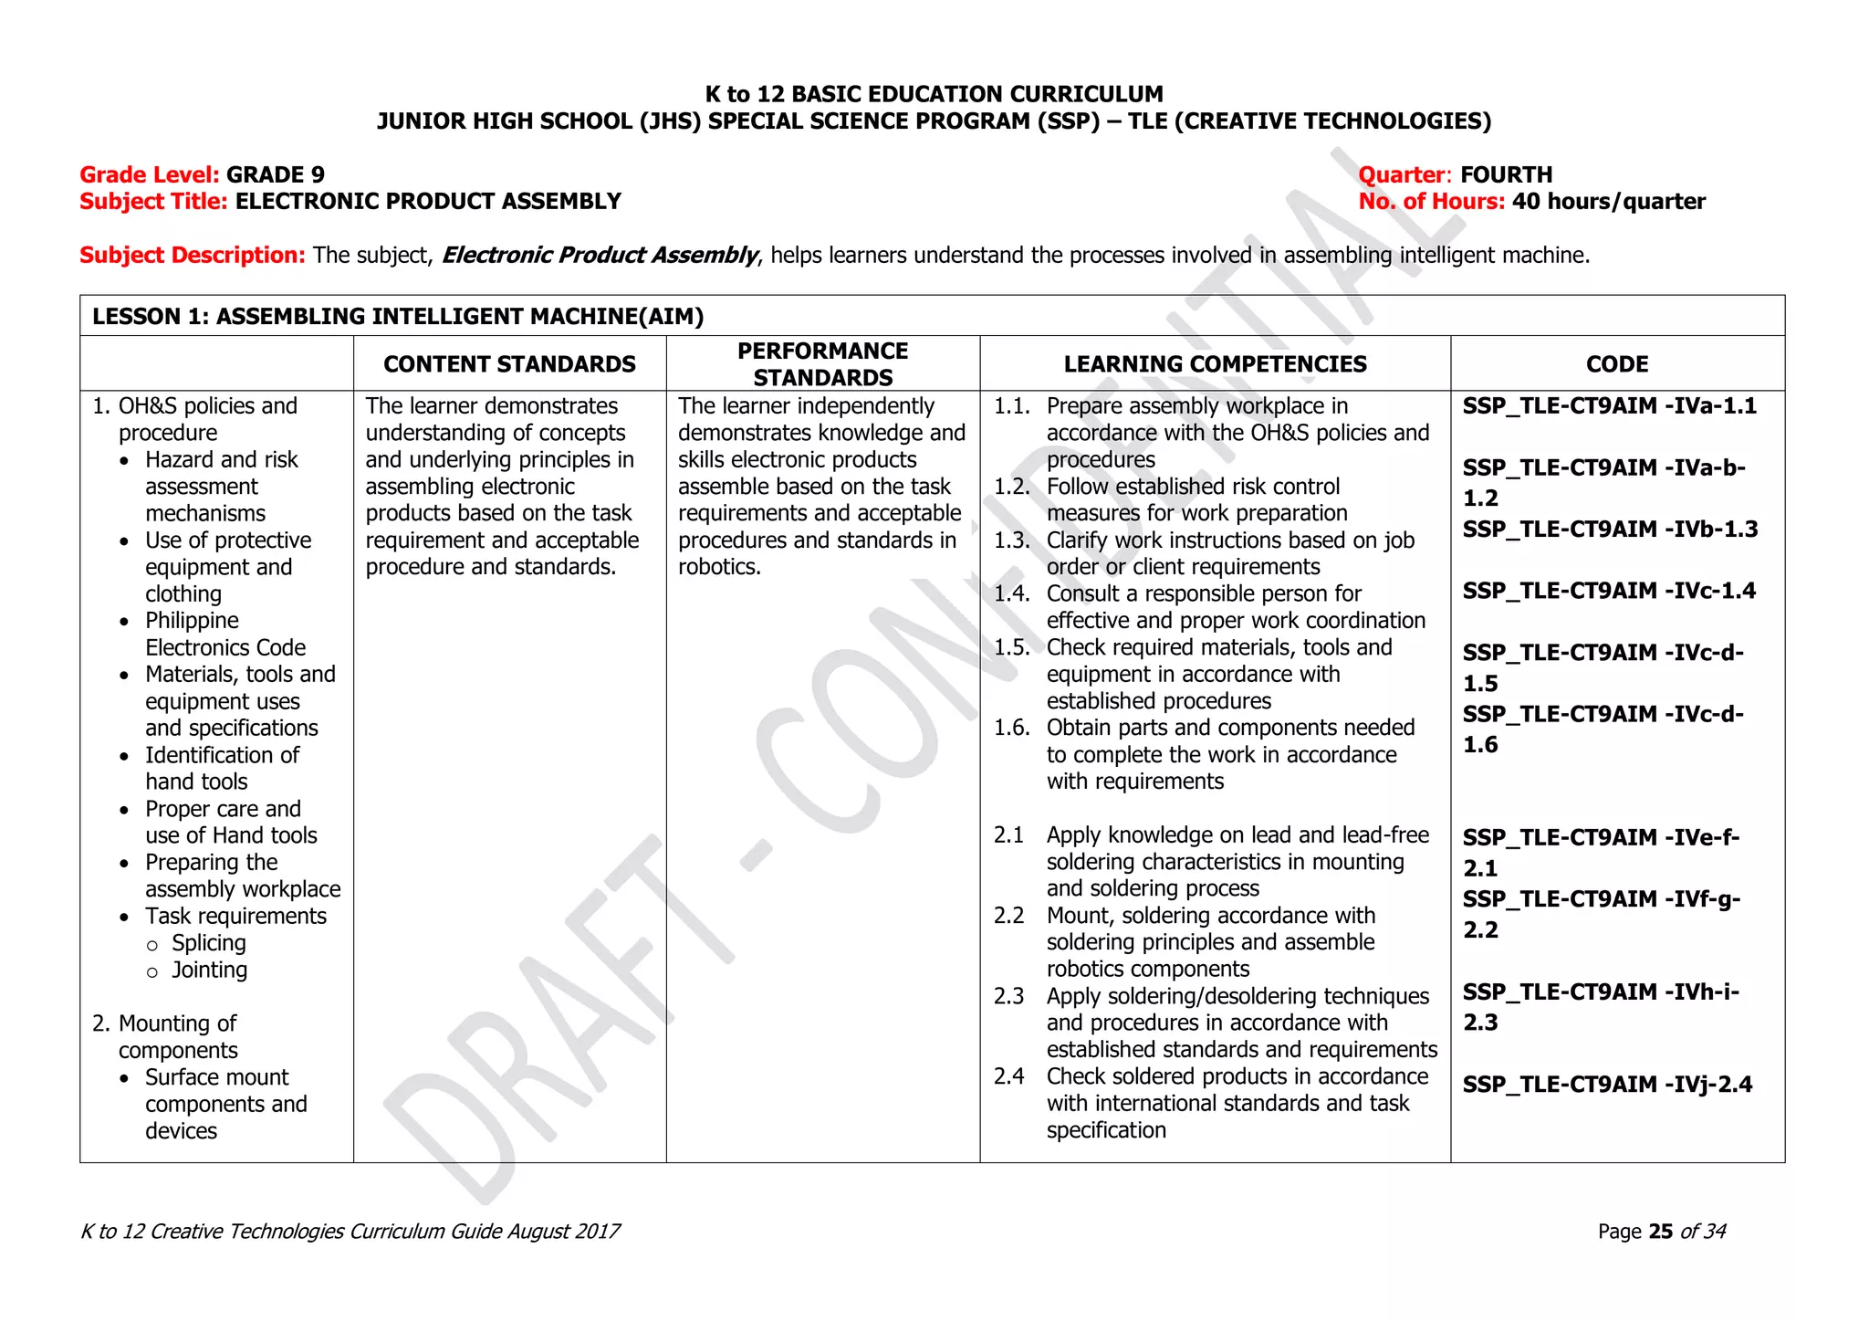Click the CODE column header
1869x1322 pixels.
tap(1617, 364)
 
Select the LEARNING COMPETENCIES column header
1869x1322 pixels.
tap(1215, 364)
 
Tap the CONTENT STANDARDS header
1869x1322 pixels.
tap(509, 364)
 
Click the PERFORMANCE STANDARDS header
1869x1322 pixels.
tap(822, 364)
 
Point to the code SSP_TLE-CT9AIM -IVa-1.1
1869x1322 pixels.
tap(1609, 406)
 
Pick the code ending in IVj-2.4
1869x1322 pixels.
tap(1607, 1085)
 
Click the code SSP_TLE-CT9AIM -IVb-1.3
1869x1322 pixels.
tap(1610, 530)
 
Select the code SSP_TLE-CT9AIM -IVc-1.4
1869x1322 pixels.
tap(1609, 591)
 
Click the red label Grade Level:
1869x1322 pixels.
tap(150, 175)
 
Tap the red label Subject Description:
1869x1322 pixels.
tap(193, 256)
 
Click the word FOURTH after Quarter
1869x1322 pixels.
tap(1506, 175)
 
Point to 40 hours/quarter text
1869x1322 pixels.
tap(1608, 202)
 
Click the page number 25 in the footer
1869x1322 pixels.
tap(1661, 1232)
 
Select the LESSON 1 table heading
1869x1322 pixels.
tap(398, 317)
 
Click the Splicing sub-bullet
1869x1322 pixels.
tap(209, 943)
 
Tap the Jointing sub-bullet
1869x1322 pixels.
tap(209, 970)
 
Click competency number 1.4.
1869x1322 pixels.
tap(1011, 594)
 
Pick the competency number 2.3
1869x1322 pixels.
tap(1008, 996)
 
